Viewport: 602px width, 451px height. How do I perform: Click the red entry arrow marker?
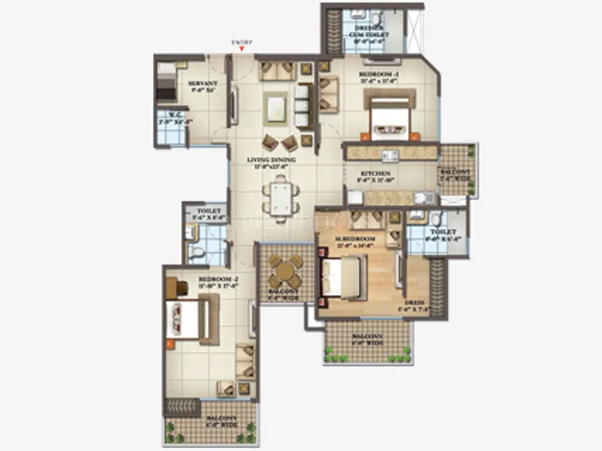[241, 50]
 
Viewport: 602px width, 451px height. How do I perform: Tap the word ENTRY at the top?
[241, 42]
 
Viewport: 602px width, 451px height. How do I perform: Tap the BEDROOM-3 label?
[379, 74]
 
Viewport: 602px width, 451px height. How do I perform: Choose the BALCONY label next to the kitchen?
[458, 174]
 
